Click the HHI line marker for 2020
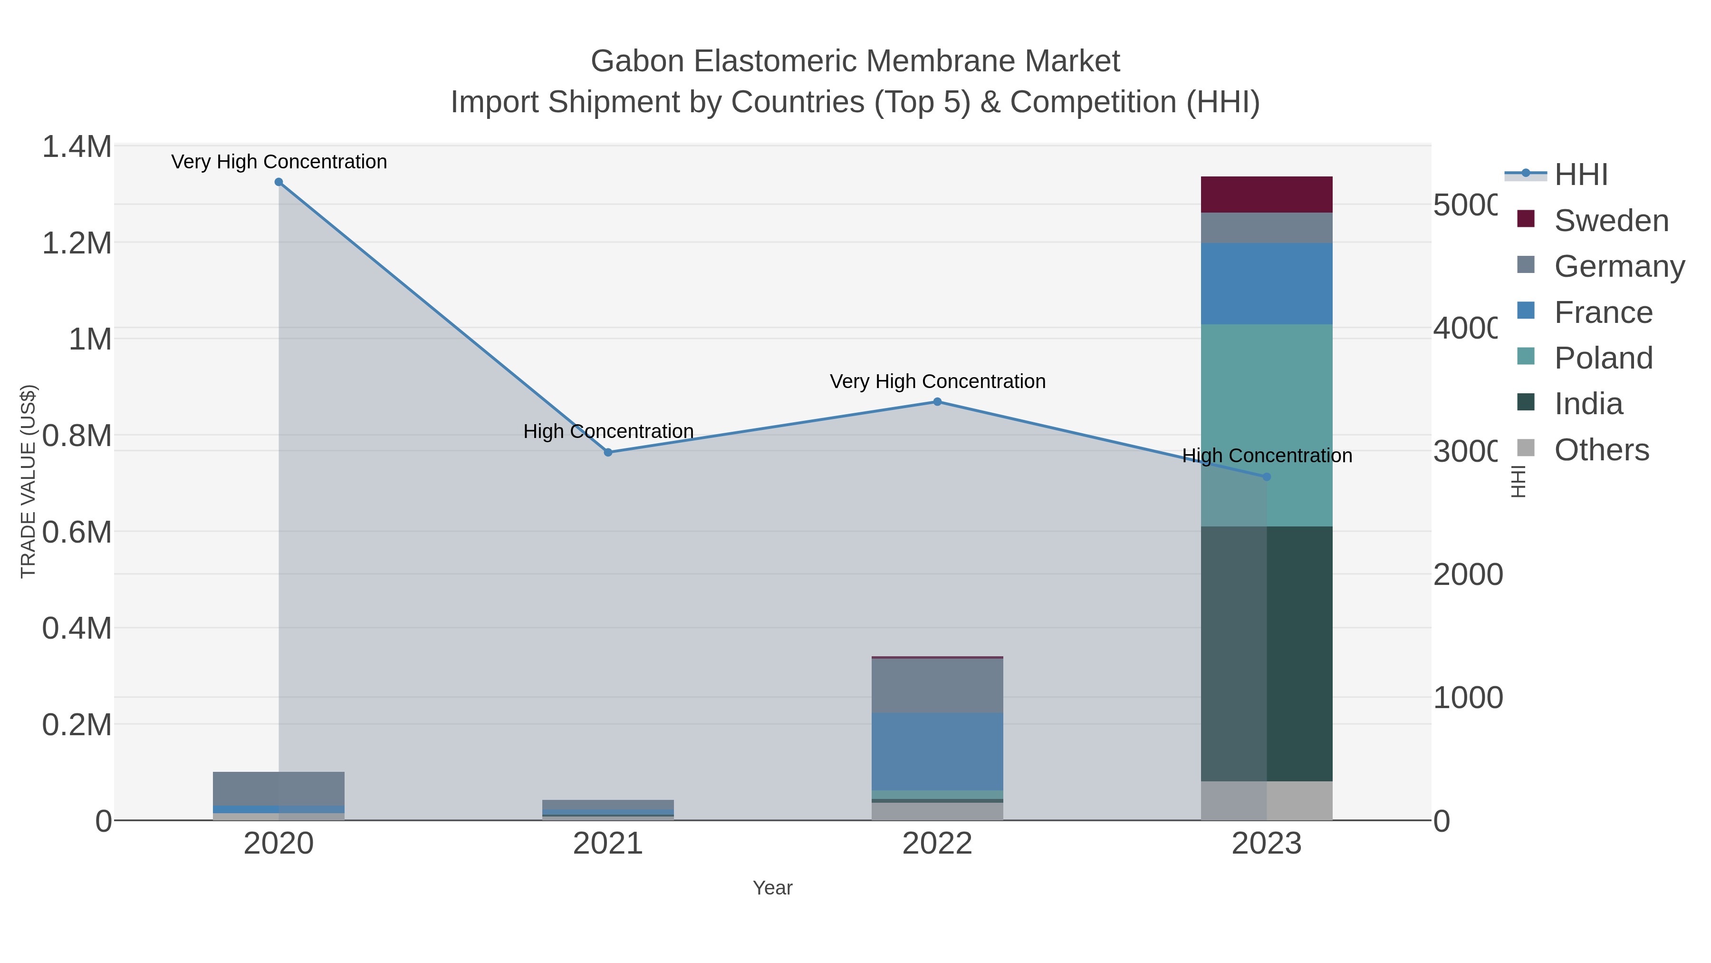(x=279, y=182)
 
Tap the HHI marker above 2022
(x=937, y=401)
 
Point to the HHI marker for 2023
(x=1266, y=477)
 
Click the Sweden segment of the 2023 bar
(x=1266, y=194)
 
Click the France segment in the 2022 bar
(x=937, y=751)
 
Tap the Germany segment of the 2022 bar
(x=937, y=686)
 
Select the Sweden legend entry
(x=1611, y=221)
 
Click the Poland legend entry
(x=1603, y=358)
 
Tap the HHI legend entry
(x=1581, y=175)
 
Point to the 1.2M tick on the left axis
(x=77, y=243)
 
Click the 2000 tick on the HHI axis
(x=1467, y=575)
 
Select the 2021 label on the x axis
(x=608, y=844)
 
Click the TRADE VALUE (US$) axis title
(x=28, y=481)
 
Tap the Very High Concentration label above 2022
(x=937, y=381)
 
